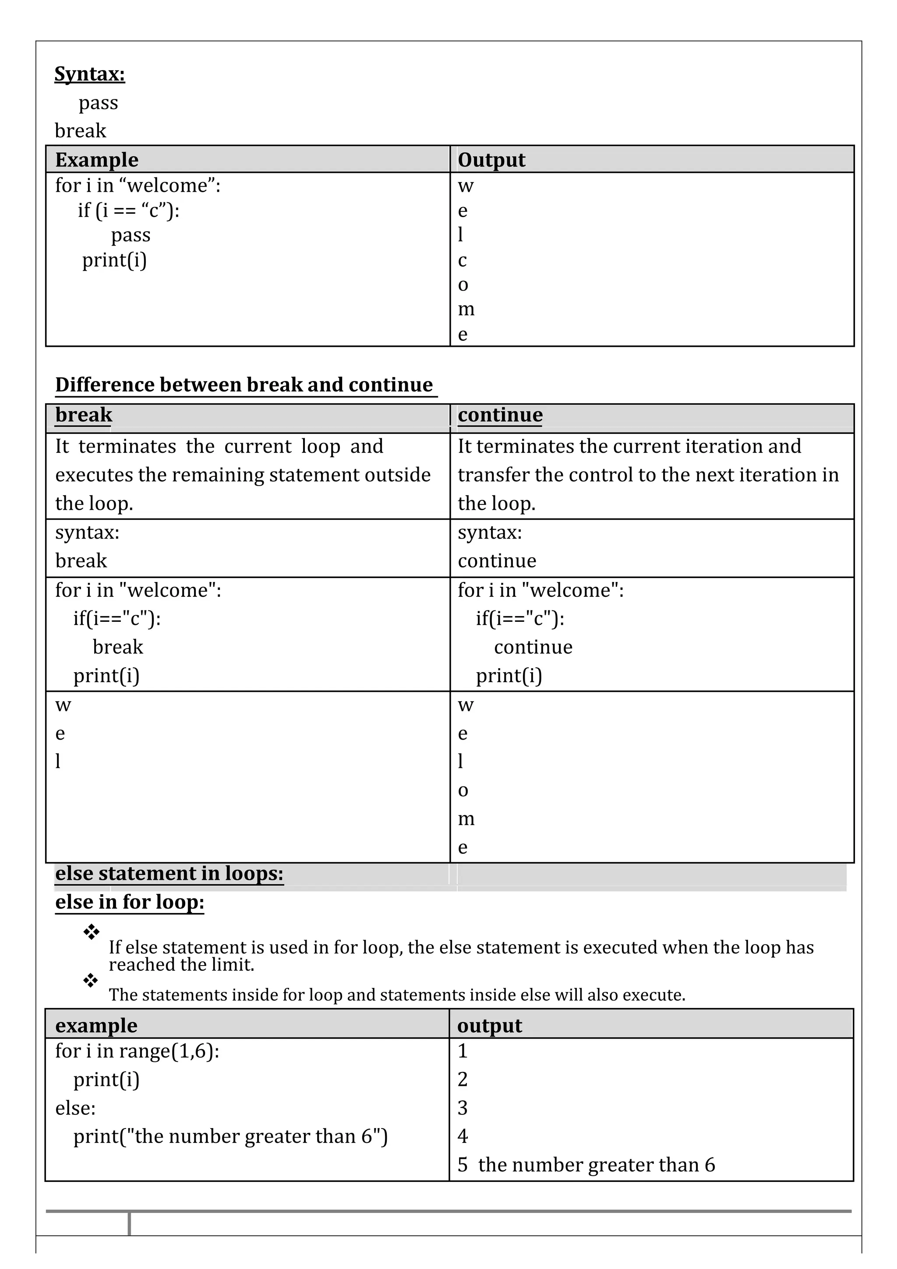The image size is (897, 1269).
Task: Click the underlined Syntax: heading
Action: pyautogui.click(x=89, y=74)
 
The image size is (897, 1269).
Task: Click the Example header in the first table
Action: pyautogui.click(x=97, y=160)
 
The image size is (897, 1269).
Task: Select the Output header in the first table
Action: pyautogui.click(x=491, y=160)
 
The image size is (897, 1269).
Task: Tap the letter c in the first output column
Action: pyautogui.click(x=462, y=260)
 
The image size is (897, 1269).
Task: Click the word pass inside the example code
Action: pyautogui.click(x=131, y=235)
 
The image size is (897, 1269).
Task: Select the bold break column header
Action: pyautogui.click(x=84, y=415)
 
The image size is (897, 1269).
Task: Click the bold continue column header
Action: pyautogui.click(x=500, y=415)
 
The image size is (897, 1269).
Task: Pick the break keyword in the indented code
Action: pyautogui.click(x=118, y=647)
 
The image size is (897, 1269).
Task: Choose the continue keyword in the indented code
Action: pyautogui.click(x=533, y=647)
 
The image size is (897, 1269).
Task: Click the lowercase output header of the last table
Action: pyautogui.click(x=489, y=1026)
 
